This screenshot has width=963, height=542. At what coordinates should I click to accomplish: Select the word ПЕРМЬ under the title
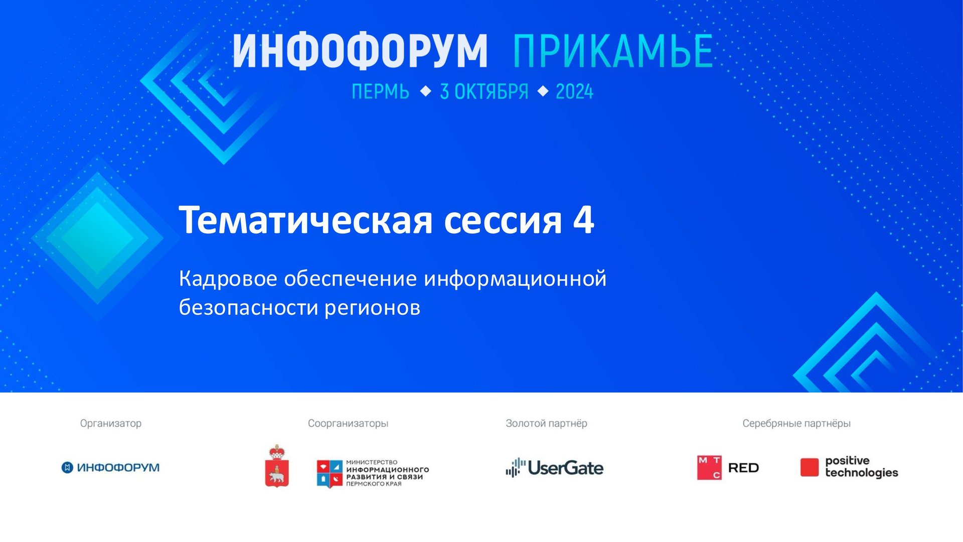[x=380, y=92]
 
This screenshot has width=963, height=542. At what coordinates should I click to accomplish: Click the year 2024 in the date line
[x=574, y=92]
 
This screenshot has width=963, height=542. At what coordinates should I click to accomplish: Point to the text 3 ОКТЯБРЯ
[x=484, y=92]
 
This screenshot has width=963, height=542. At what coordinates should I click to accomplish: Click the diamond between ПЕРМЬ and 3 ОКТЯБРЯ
[x=425, y=91]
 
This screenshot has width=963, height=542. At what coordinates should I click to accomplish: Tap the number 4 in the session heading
[x=584, y=220]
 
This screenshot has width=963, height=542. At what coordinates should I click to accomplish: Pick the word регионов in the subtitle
[x=372, y=308]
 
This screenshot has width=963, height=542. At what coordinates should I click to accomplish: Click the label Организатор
[x=111, y=423]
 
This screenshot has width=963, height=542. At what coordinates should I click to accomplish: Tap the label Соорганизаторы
[x=348, y=423]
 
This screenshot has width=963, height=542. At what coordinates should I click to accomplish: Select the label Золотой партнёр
[x=546, y=423]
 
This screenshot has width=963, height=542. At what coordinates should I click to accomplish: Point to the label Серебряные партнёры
[x=796, y=423]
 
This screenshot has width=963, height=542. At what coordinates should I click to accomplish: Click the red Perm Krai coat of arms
[x=277, y=467]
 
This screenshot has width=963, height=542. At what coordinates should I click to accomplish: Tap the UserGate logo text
[x=565, y=468]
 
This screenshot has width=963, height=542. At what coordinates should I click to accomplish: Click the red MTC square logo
[x=709, y=468]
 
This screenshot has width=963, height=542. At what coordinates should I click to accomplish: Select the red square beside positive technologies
[x=809, y=467]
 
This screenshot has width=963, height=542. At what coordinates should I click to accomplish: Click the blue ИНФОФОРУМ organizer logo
[x=110, y=468]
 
